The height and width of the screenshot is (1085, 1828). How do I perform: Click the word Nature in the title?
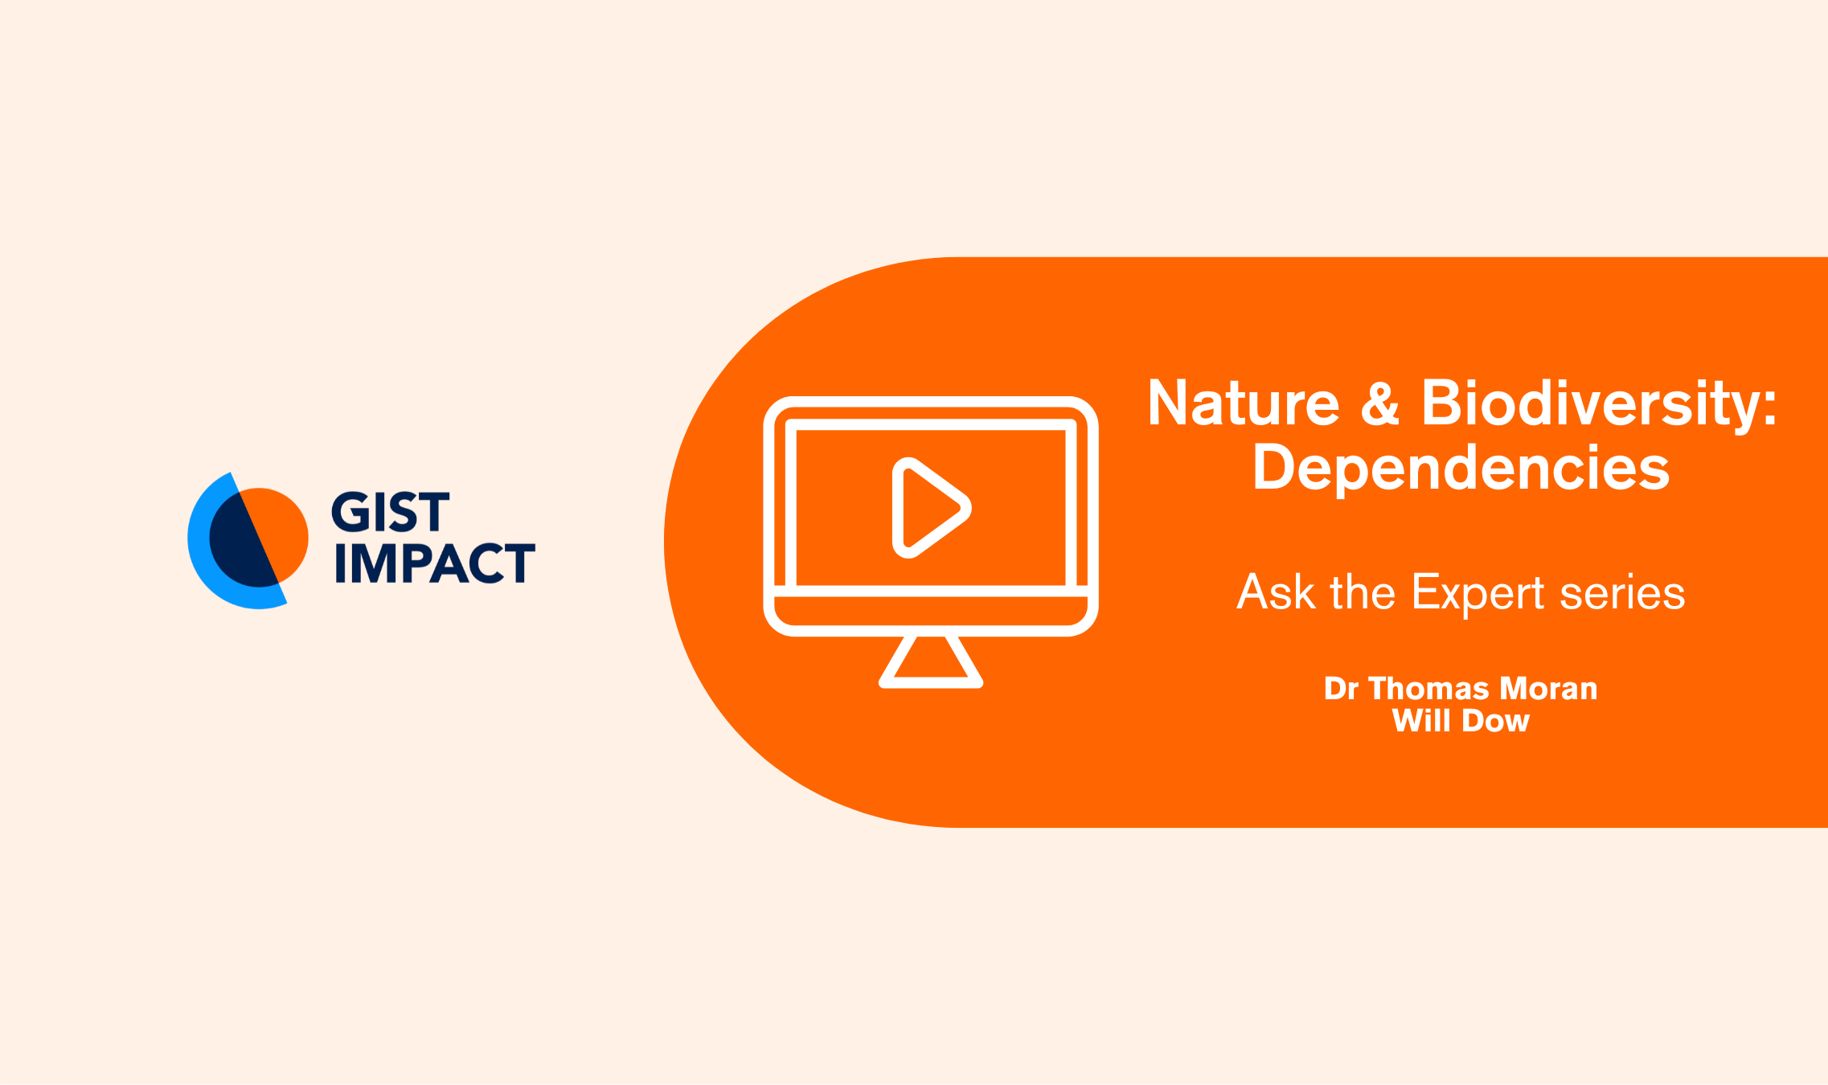click(x=1244, y=403)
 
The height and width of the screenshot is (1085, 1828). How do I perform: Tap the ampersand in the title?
click(x=1380, y=403)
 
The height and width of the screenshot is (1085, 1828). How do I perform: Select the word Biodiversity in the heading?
click(x=1589, y=405)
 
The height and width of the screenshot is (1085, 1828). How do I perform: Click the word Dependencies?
click(x=1461, y=469)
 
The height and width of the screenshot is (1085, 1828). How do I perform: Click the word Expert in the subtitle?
click(x=1478, y=594)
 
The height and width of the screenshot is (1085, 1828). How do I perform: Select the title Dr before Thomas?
click(x=1341, y=689)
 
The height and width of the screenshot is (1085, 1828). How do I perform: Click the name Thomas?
click(x=1428, y=689)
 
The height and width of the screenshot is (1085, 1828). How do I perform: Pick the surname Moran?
click(x=1548, y=689)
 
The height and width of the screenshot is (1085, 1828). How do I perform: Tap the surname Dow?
click(x=1495, y=721)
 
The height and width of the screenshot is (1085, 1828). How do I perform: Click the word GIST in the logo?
click(x=391, y=512)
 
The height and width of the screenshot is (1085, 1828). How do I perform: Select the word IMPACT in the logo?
click(x=435, y=563)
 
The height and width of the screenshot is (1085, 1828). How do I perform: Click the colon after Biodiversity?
click(x=1769, y=406)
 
